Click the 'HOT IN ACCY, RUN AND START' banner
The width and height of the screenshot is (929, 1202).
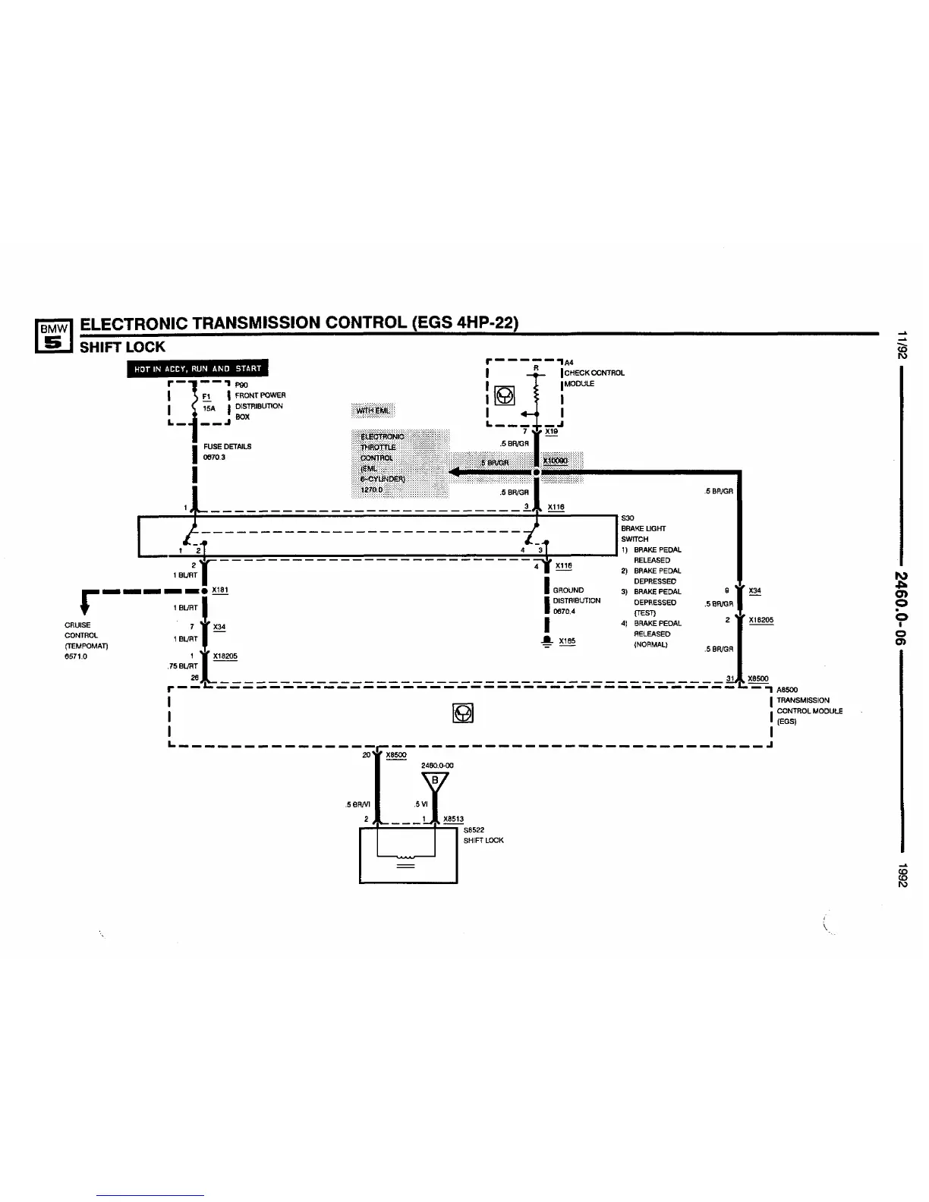(197, 369)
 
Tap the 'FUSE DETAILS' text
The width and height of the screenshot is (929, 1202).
(227, 446)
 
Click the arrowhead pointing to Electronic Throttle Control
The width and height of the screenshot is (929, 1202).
(456, 472)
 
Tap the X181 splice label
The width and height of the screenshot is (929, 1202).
(220, 590)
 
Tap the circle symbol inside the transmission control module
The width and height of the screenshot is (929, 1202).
(463, 713)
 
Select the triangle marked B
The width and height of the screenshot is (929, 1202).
(435, 781)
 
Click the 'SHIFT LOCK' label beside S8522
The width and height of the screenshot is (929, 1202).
(483, 840)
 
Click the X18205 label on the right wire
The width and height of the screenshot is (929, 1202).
(761, 620)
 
